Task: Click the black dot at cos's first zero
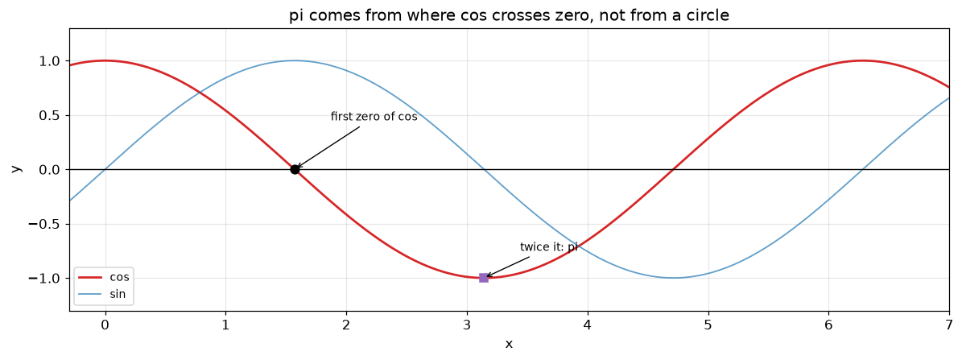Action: point(295,169)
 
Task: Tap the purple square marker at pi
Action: point(484,278)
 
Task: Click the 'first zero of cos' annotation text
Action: point(374,117)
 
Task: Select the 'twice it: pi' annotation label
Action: point(549,247)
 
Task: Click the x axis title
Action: point(509,344)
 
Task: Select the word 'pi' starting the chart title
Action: point(295,17)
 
